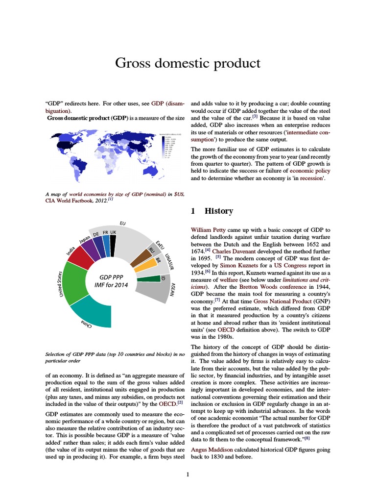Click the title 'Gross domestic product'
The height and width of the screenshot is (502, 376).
pyautogui.click(x=188, y=63)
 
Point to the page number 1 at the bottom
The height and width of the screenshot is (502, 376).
pyautogui.click(x=188, y=475)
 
